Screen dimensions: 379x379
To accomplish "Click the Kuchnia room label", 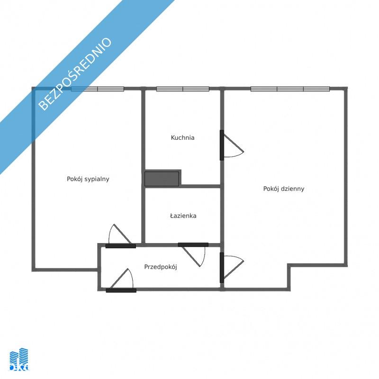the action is (182, 137).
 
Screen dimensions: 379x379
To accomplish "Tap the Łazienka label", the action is (183, 216).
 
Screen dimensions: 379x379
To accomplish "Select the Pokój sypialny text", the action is (88, 179).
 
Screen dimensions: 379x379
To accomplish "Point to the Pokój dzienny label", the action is (283, 189).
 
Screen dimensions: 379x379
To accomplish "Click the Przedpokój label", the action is (161, 267).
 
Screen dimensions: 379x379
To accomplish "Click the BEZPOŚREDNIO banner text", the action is (75, 74).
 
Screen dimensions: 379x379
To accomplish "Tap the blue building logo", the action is (19, 360).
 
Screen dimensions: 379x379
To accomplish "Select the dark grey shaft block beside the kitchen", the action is (162, 179).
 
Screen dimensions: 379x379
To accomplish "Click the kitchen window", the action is (183, 89).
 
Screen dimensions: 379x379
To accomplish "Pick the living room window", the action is (290, 89).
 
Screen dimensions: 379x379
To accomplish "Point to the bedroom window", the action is (98, 89).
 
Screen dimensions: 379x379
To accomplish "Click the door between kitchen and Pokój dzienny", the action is (232, 145).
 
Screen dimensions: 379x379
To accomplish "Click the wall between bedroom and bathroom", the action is (143, 215).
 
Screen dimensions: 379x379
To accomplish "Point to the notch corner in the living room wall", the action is (289, 265).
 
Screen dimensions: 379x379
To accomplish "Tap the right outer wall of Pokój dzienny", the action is (346, 177).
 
